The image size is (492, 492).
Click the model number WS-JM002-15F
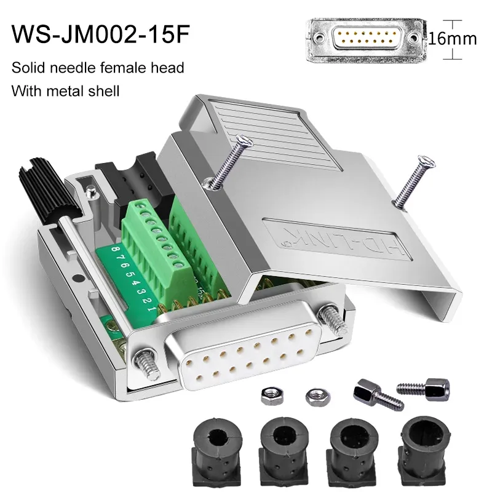tap(100, 34)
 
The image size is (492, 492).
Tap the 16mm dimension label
tap(453, 39)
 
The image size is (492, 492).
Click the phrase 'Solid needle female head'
tap(98, 68)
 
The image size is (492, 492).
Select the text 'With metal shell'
tap(65, 91)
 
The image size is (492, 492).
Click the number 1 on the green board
tap(151, 309)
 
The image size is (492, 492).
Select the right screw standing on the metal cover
tap(414, 182)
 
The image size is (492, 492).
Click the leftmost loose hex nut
tap(272, 395)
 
